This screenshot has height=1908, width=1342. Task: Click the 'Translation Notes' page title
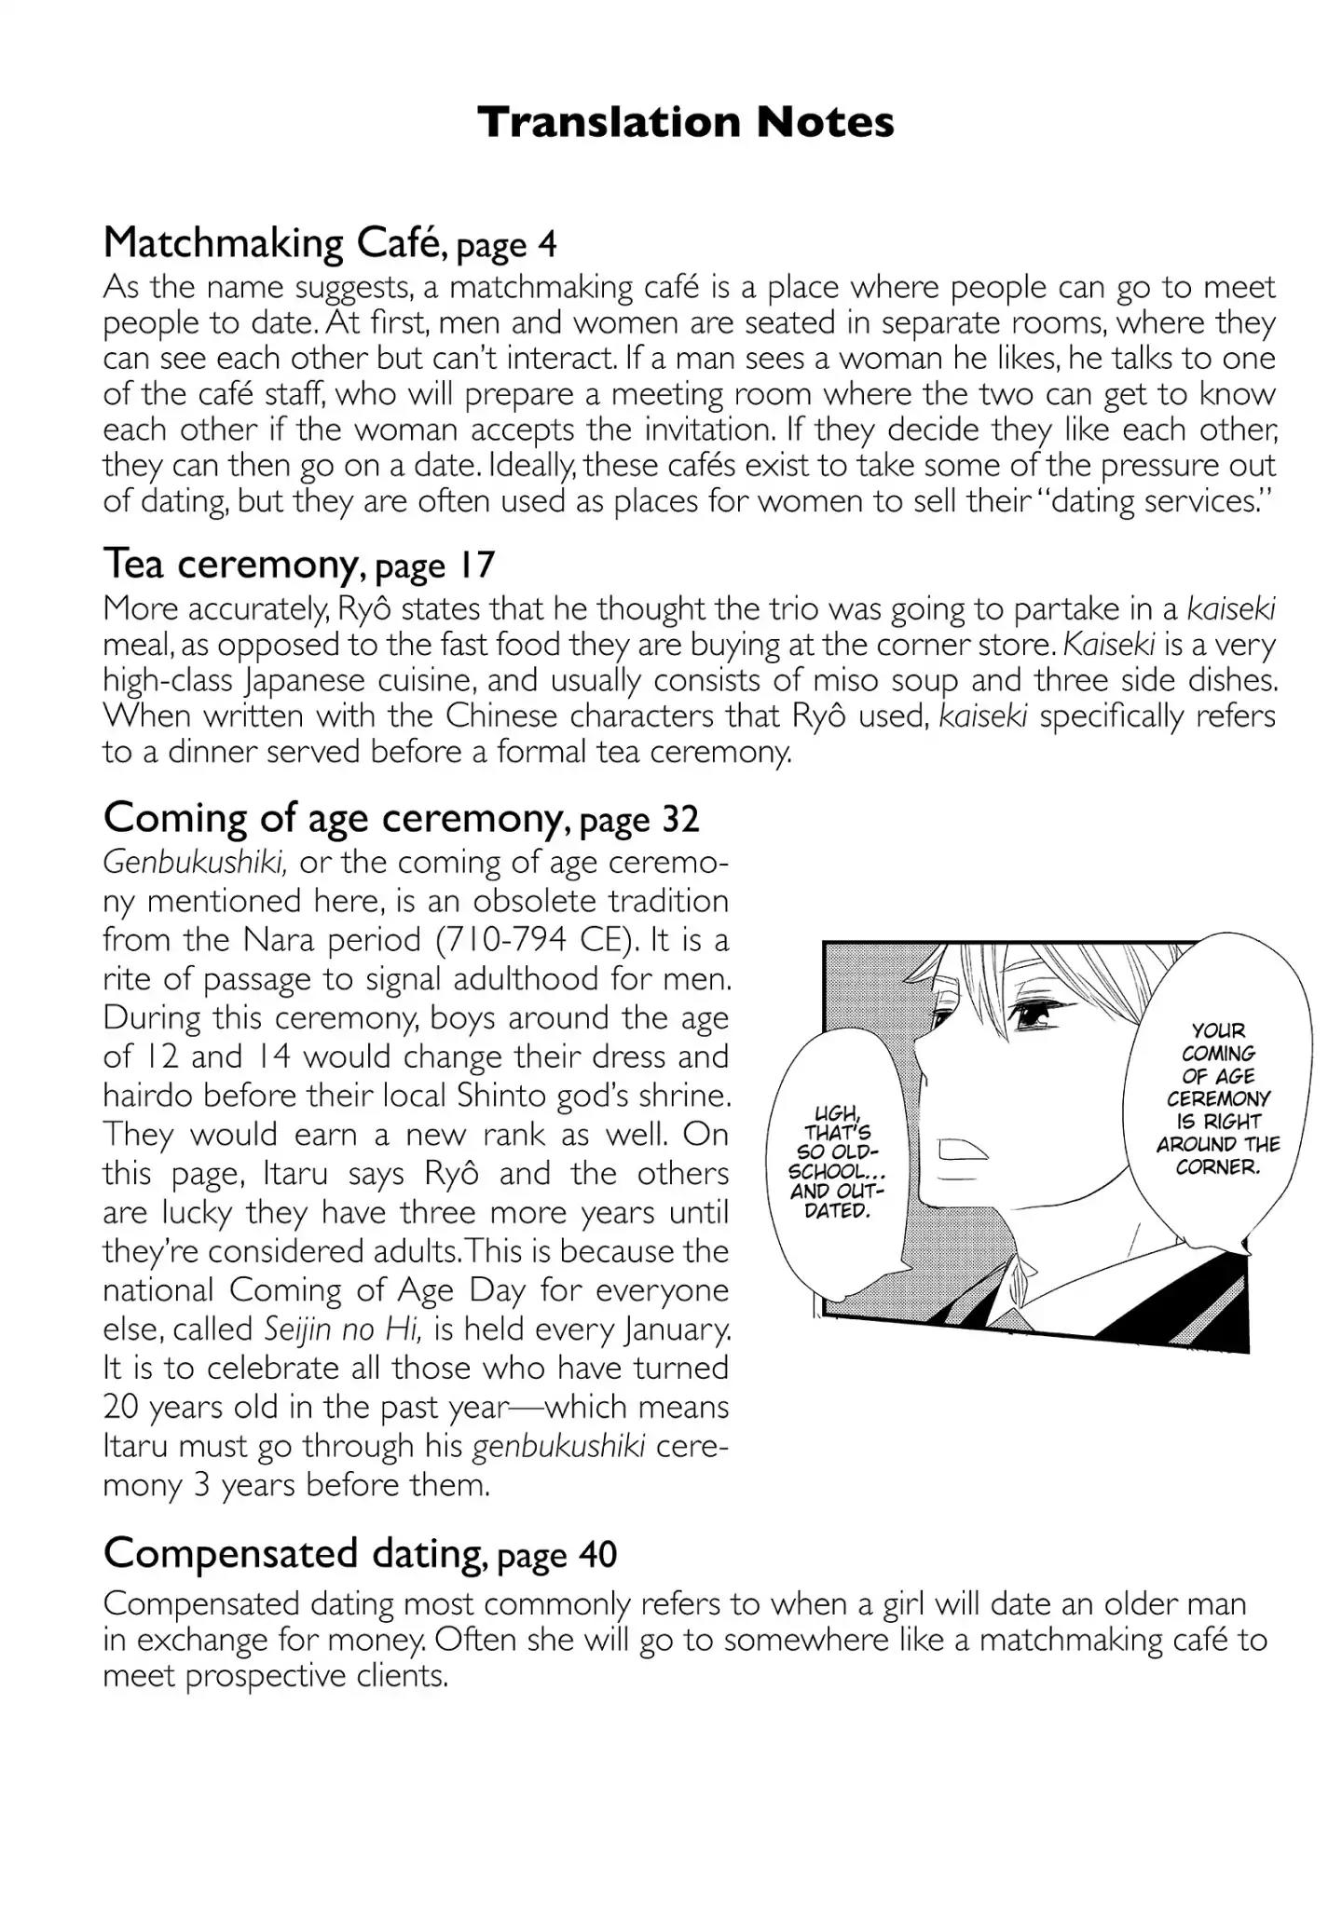point(686,122)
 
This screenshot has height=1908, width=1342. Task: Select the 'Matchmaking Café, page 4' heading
point(330,243)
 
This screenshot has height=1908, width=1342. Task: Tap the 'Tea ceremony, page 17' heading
point(298,564)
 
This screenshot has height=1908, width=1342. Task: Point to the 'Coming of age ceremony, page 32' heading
point(401,818)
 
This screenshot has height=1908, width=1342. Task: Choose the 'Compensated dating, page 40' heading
point(360,1553)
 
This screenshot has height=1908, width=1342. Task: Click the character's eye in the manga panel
point(1032,1018)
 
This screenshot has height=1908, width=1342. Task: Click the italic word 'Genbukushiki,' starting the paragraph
point(194,863)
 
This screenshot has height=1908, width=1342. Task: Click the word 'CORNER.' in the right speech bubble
point(1217,1167)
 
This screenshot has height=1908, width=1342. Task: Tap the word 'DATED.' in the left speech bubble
point(836,1212)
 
